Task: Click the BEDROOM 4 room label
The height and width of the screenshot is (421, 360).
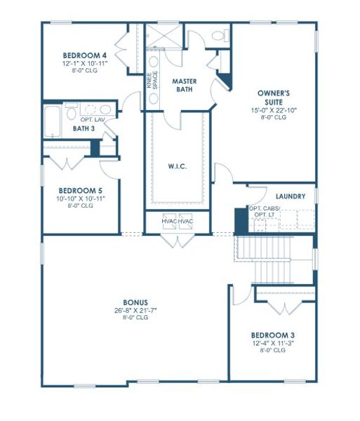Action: click(x=84, y=55)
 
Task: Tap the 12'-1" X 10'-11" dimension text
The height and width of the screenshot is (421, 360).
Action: click(x=84, y=63)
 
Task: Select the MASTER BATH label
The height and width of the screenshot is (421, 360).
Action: click(x=185, y=85)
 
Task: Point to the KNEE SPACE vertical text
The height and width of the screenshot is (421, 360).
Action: click(x=151, y=83)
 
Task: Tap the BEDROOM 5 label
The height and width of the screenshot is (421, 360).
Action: click(x=80, y=190)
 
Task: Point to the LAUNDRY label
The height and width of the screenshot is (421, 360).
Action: click(x=290, y=196)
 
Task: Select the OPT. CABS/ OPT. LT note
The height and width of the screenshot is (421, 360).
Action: click(x=265, y=213)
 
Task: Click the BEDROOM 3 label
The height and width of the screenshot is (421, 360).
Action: click(x=271, y=335)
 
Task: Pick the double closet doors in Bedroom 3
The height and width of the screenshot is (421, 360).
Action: click(x=284, y=307)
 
